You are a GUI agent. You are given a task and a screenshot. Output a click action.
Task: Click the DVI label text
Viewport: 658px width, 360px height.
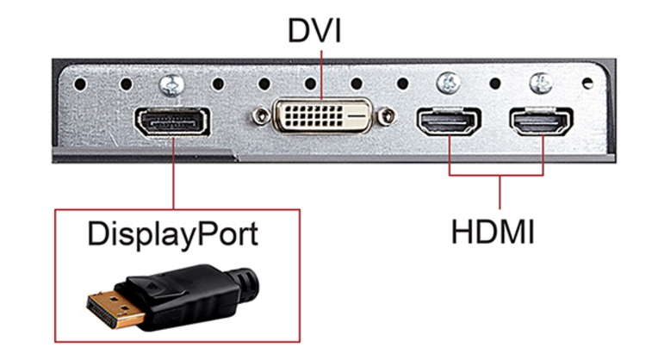(314, 30)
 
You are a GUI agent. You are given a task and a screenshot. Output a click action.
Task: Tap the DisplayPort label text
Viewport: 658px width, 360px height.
(172, 234)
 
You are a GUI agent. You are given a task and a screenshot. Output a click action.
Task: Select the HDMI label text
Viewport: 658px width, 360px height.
(493, 232)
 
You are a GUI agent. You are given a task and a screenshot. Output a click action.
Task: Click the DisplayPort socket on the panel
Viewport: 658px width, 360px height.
(172, 121)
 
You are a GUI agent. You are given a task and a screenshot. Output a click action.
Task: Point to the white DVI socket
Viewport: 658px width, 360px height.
(323, 115)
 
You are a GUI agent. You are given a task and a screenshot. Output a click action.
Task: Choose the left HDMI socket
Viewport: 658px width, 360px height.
(449, 121)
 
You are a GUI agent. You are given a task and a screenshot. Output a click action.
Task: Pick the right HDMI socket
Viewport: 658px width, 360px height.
(542, 121)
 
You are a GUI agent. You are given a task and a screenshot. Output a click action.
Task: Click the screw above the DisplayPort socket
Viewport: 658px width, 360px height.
(172, 84)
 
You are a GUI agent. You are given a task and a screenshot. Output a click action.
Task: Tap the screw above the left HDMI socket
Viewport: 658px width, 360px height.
(449, 83)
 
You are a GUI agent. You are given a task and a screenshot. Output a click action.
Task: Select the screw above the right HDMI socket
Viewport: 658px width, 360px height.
(542, 83)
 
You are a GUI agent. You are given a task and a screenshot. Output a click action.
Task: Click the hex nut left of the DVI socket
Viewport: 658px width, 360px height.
(262, 116)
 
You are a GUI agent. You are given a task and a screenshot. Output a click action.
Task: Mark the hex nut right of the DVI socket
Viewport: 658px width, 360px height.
(386, 116)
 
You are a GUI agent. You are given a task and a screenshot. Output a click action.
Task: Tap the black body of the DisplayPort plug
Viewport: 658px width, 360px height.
(181, 295)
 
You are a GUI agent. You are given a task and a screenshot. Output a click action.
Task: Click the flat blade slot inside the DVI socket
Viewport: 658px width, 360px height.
(357, 115)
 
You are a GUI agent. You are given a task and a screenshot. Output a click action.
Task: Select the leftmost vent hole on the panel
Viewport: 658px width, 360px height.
(80, 84)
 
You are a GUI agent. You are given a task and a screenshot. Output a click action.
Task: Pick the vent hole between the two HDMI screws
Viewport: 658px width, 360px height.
(495, 84)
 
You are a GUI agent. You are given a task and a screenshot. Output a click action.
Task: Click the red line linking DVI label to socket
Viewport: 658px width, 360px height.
(322, 75)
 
